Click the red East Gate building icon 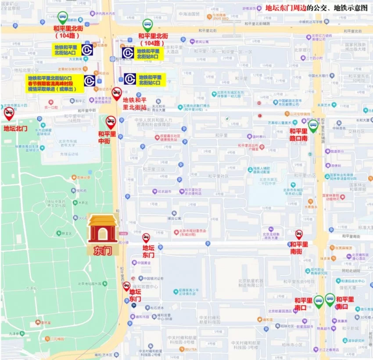[103, 228]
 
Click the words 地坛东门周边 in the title [286, 7]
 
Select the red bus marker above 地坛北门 [9, 114]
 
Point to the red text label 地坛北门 [15, 129]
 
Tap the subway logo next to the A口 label [87, 49]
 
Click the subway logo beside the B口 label [128, 53]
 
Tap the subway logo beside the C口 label [130, 79]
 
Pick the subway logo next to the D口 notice [90, 81]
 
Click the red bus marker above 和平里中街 [111, 122]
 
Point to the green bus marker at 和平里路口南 [313, 127]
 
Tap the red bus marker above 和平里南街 [299, 234]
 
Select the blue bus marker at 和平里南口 [319, 301]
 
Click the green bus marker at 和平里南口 [330, 299]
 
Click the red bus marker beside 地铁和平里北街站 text [117, 93]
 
